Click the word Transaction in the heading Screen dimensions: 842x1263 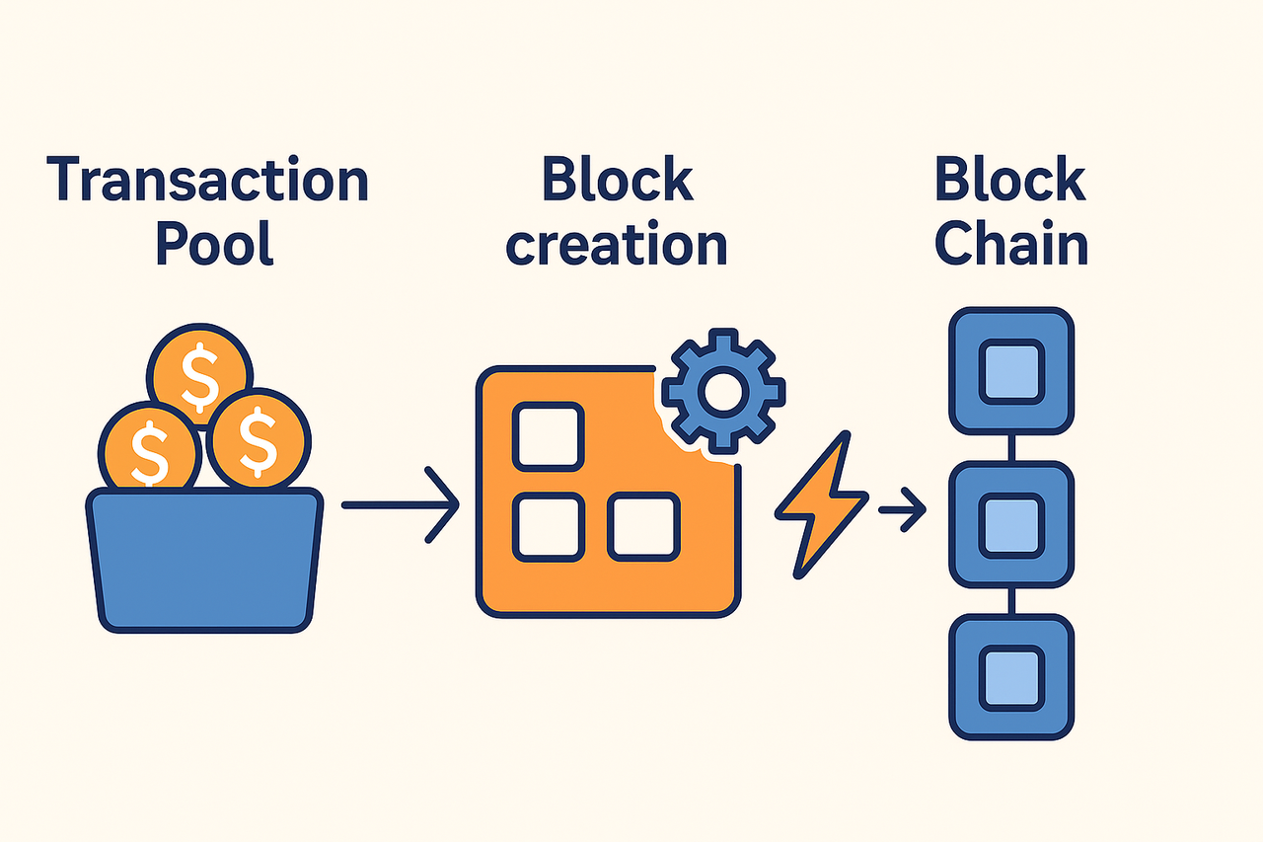pyautogui.click(x=207, y=182)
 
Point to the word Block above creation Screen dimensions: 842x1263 pyautogui.click(x=618, y=182)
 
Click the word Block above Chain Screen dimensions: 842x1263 pyautogui.click(x=1010, y=182)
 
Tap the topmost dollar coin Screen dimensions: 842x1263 pyautogui.click(x=200, y=370)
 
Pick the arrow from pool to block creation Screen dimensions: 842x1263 pyautogui.click(x=401, y=505)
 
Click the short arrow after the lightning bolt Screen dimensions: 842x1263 pyautogui.click(x=902, y=510)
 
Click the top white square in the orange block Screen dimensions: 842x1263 pyautogui.click(x=549, y=435)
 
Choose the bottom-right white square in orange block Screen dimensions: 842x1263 pyautogui.click(x=643, y=527)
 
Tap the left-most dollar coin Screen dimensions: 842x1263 pyautogui.click(x=150, y=449)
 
